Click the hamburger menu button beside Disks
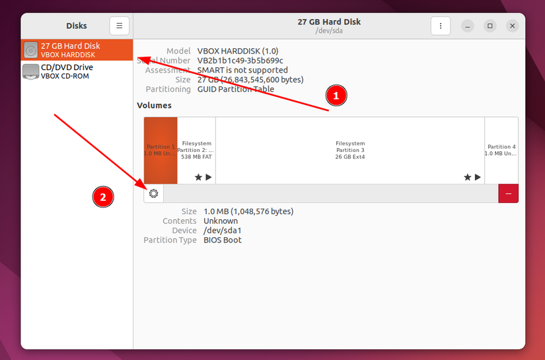[120, 26]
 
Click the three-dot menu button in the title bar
[440, 26]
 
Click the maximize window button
[490, 26]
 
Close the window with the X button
[513, 26]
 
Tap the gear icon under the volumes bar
[154, 194]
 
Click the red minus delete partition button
[509, 194]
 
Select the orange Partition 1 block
[161, 150]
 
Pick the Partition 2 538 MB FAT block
[196, 150]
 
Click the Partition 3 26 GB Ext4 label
[350, 150]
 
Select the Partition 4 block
[501, 150]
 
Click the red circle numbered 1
[336, 96]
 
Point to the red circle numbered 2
[102, 196]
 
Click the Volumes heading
[154, 105]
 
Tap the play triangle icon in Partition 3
[478, 177]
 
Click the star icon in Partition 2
[198, 177]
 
